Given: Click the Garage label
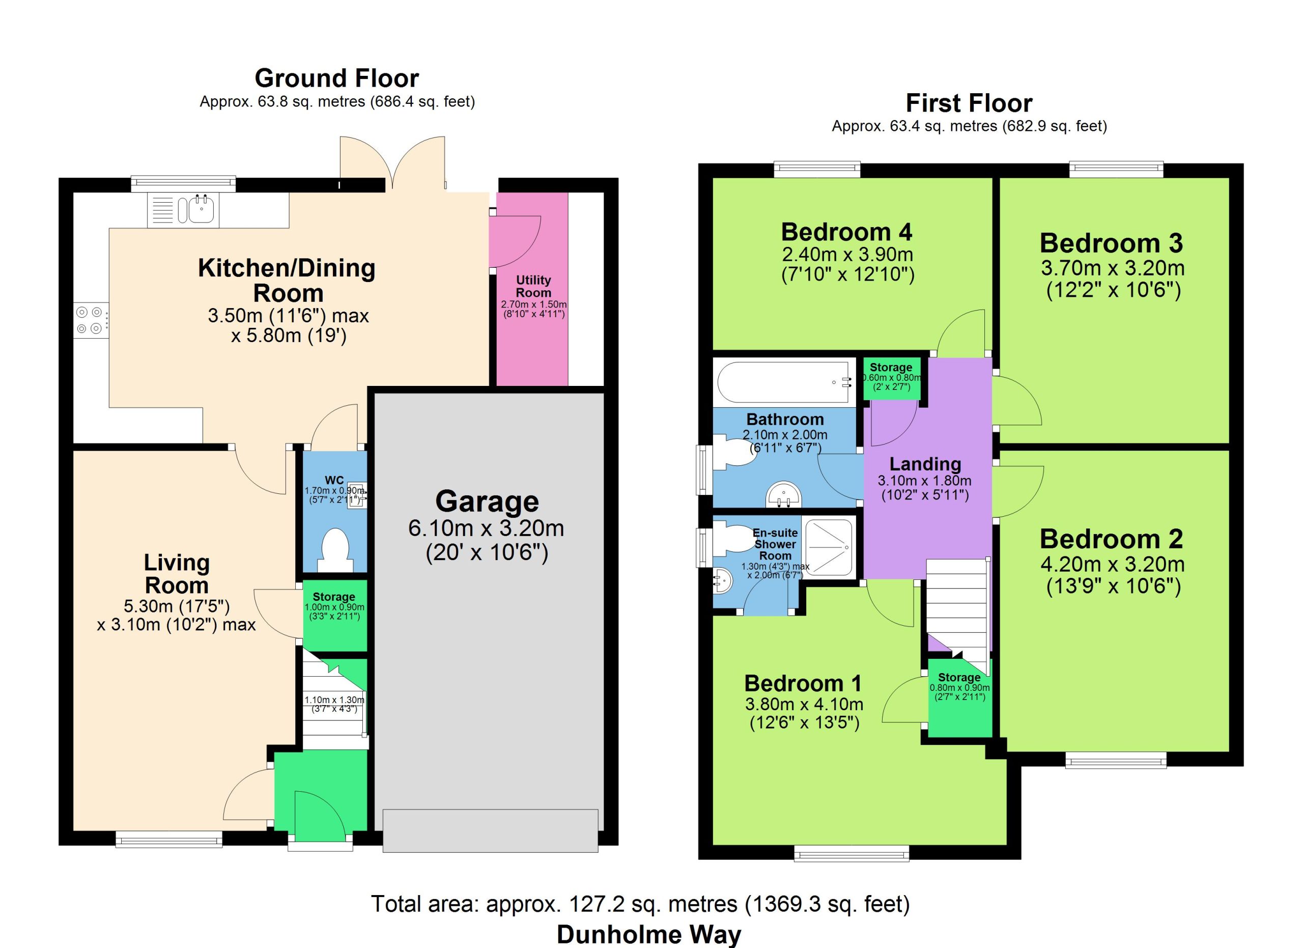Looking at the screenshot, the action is pos(487,501).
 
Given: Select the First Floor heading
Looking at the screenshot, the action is pos(969,103).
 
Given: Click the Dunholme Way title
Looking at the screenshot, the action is pos(649,935).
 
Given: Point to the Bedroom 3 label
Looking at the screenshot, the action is pos(1111,243).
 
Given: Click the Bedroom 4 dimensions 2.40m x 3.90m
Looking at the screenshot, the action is pos(847,254).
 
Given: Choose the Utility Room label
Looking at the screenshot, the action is pos(533,286).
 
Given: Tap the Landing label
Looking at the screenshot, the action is pos(925,464).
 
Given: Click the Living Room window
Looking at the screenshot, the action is pos(169,840).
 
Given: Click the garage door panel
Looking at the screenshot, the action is pos(490,830).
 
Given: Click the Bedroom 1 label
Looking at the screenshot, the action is pos(803,683).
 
